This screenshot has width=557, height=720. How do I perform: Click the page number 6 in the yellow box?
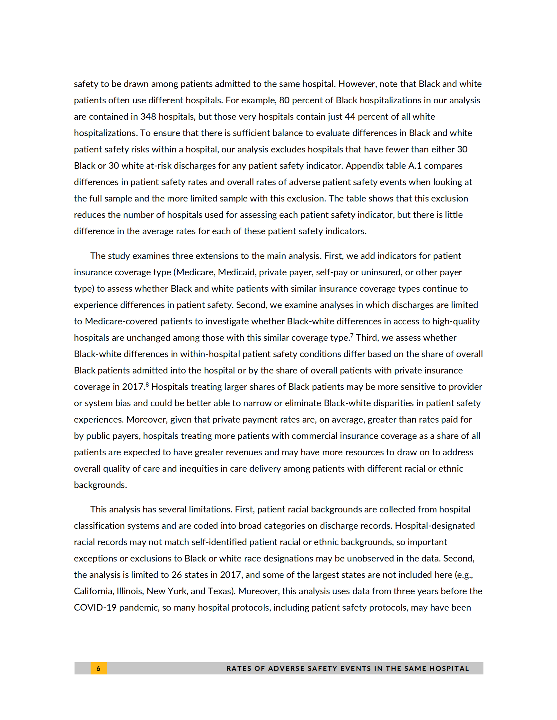(98, 668)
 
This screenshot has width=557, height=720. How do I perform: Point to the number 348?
(148, 117)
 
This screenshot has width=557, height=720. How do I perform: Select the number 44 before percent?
(350, 117)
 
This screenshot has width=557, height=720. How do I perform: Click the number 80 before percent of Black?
(284, 100)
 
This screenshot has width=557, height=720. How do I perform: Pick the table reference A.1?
(415, 166)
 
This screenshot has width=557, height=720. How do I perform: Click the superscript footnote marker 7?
(352, 335)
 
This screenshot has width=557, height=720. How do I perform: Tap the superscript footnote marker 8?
(147, 384)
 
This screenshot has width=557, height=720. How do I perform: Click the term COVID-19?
(95, 608)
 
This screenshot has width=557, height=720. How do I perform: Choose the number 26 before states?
(177, 575)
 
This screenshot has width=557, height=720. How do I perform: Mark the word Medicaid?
(235, 272)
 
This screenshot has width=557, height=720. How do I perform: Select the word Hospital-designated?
(435, 526)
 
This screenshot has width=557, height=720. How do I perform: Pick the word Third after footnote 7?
(367, 338)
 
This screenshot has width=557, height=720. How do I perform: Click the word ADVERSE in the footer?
(286, 668)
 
